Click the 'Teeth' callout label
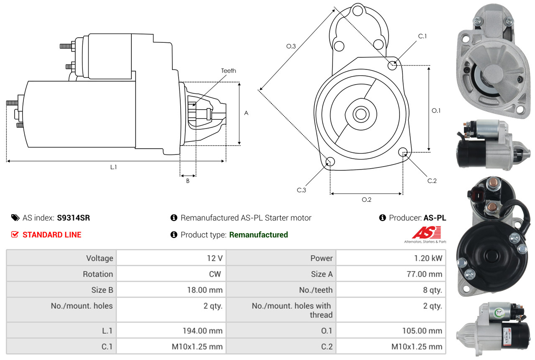coord(228,71)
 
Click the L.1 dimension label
coord(113,167)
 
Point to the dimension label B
coord(188,181)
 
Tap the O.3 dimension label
coord(291,46)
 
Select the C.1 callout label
coord(422,36)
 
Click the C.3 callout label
coord(302,190)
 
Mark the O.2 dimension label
coord(366,200)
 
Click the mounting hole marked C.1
coord(392,65)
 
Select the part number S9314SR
coord(73,218)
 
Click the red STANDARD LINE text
coord(52,235)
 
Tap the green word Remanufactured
coord(259,235)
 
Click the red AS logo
coord(427,232)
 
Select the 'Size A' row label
coord(321,274)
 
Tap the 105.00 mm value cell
coord(422,331)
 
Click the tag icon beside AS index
coord(15,218)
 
